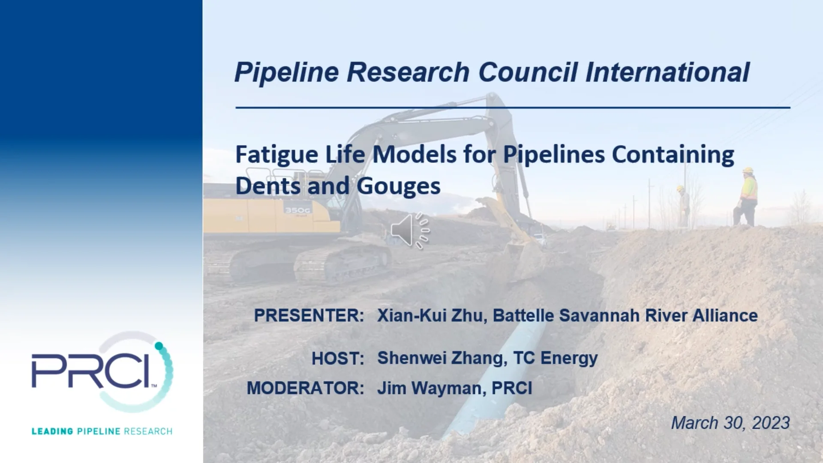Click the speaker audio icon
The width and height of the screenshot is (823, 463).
(409, 231)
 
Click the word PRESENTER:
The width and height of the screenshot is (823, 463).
(309, 316)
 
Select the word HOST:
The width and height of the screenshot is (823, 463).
(338, 358)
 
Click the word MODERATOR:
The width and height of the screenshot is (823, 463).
(305, 388)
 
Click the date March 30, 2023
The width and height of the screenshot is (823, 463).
(730, 423)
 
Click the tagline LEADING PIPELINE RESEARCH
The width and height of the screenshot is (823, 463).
(102, 431)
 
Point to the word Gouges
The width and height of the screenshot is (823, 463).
(398, 186)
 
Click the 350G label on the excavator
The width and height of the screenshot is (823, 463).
(297, 210)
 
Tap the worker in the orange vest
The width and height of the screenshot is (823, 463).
(747, 197)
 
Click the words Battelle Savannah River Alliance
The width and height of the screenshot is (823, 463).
(625, 316)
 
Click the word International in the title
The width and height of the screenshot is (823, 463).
(667, 72)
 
